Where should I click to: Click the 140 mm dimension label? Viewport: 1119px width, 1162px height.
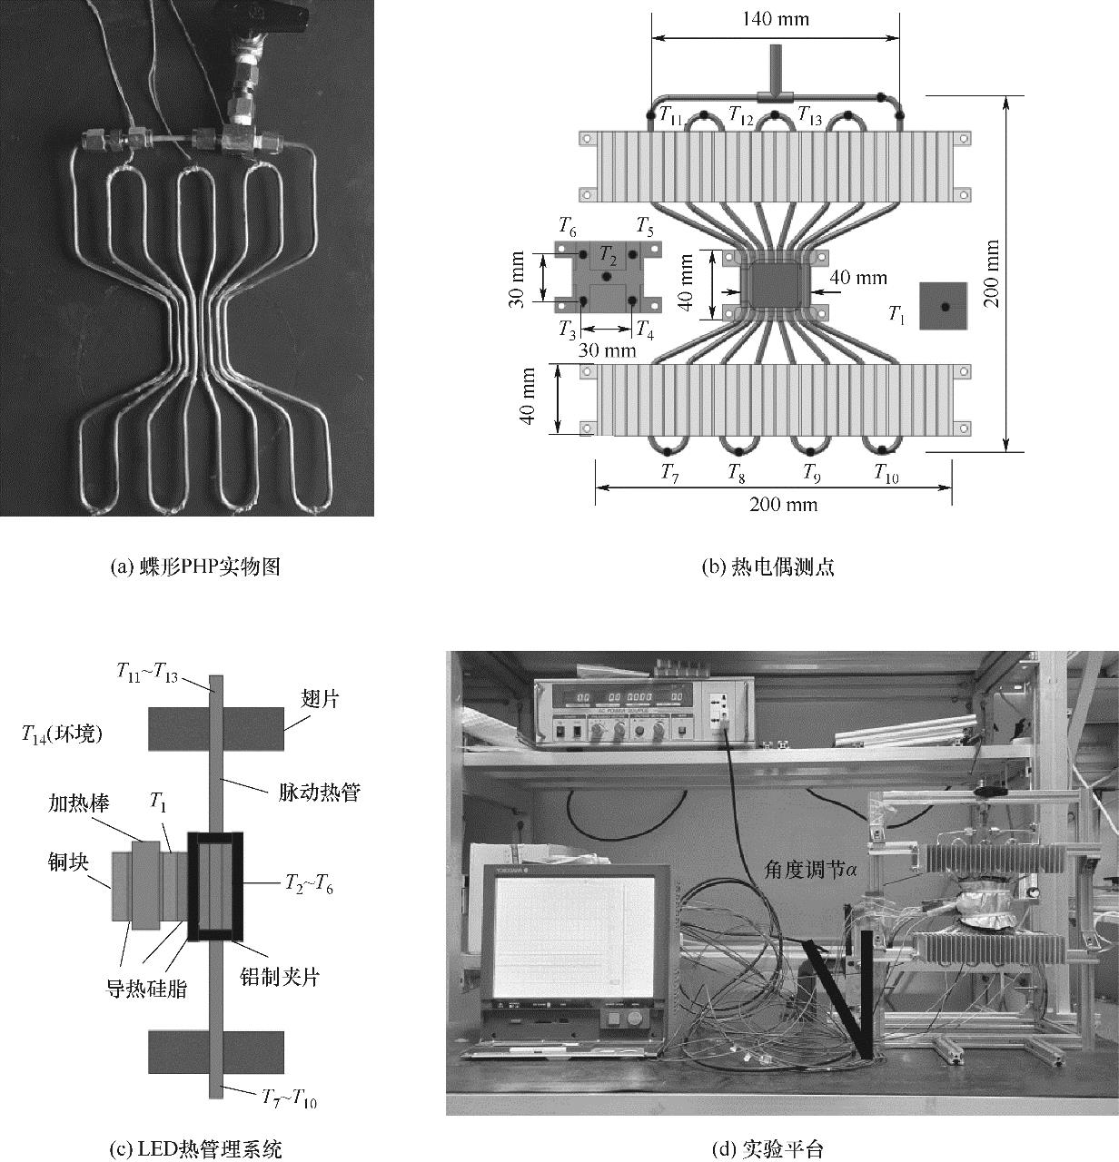coord(775,19)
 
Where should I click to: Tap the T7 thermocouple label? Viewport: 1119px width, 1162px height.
coord(669,472)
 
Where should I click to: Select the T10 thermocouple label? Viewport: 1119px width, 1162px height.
coord(886,472)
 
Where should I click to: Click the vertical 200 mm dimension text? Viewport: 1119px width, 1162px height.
coord(992,273)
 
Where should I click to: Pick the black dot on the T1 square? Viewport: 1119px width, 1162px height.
coord(945,307)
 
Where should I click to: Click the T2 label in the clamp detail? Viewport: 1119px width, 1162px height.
coord(608,256)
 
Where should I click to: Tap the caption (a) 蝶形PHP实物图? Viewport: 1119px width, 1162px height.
coord(194,567)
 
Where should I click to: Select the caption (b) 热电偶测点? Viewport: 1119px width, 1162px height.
coord(768,567)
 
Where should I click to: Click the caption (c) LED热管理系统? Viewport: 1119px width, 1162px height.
coord(195,1149)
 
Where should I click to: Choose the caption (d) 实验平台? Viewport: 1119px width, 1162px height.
coord(768,1149)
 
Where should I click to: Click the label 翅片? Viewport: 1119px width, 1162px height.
coord(320,697)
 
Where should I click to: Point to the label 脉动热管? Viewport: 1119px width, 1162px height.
coord(319,792)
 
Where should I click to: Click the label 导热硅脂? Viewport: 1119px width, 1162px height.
coord(147,988)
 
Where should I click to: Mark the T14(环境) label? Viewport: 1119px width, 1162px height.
coord(63,734)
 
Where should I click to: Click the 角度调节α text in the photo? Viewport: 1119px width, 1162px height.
coord(811,869)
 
